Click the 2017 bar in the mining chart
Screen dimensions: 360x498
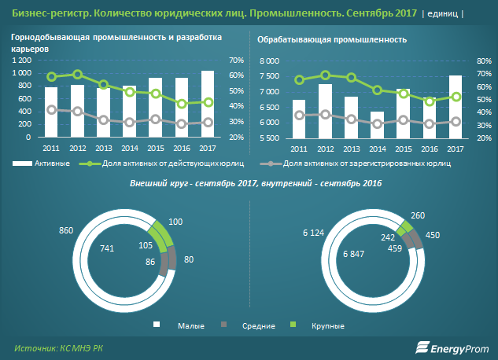coord(208,105)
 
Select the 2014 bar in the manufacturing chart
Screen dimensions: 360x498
coord(378,125)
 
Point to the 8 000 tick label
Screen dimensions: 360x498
coord(269,61)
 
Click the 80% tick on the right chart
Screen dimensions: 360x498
coord(484,61)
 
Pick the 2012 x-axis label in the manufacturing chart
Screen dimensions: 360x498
coord(325,149)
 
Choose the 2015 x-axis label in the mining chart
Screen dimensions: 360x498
coord(156,149)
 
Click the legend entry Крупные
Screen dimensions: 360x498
coord(329,325)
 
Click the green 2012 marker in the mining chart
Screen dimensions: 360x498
coord(78,75)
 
